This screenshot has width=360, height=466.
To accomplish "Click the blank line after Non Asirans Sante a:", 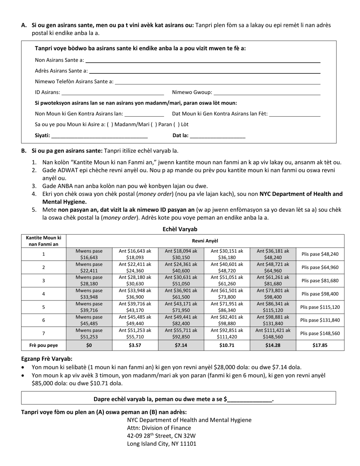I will click(203, 60).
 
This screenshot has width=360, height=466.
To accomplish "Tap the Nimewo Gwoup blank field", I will click(267, 92).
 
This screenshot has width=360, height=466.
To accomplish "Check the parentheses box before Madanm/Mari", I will click(110, 124).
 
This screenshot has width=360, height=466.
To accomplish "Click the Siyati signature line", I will click(99, 136).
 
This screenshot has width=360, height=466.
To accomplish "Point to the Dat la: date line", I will click(218, 136).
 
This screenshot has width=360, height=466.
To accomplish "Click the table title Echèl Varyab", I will click(180, 229).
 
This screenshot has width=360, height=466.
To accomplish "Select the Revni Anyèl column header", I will click(205, 241).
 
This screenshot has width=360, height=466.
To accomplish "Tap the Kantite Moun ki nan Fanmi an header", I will click(44, 241).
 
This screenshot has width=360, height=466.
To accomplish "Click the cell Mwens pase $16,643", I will click(89, 254).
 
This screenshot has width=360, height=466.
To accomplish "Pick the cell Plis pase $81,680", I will click(320, 281).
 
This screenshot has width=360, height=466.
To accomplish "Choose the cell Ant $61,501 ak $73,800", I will click(227, 294).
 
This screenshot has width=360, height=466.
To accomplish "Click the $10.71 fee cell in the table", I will click(227, 345).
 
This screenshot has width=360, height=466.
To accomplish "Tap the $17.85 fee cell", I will click(320, 345).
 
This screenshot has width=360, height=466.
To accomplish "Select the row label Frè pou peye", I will click(44, 345).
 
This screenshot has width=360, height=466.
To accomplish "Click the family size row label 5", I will click(44, 307).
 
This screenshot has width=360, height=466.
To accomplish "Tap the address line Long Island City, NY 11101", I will click(162, 444).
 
